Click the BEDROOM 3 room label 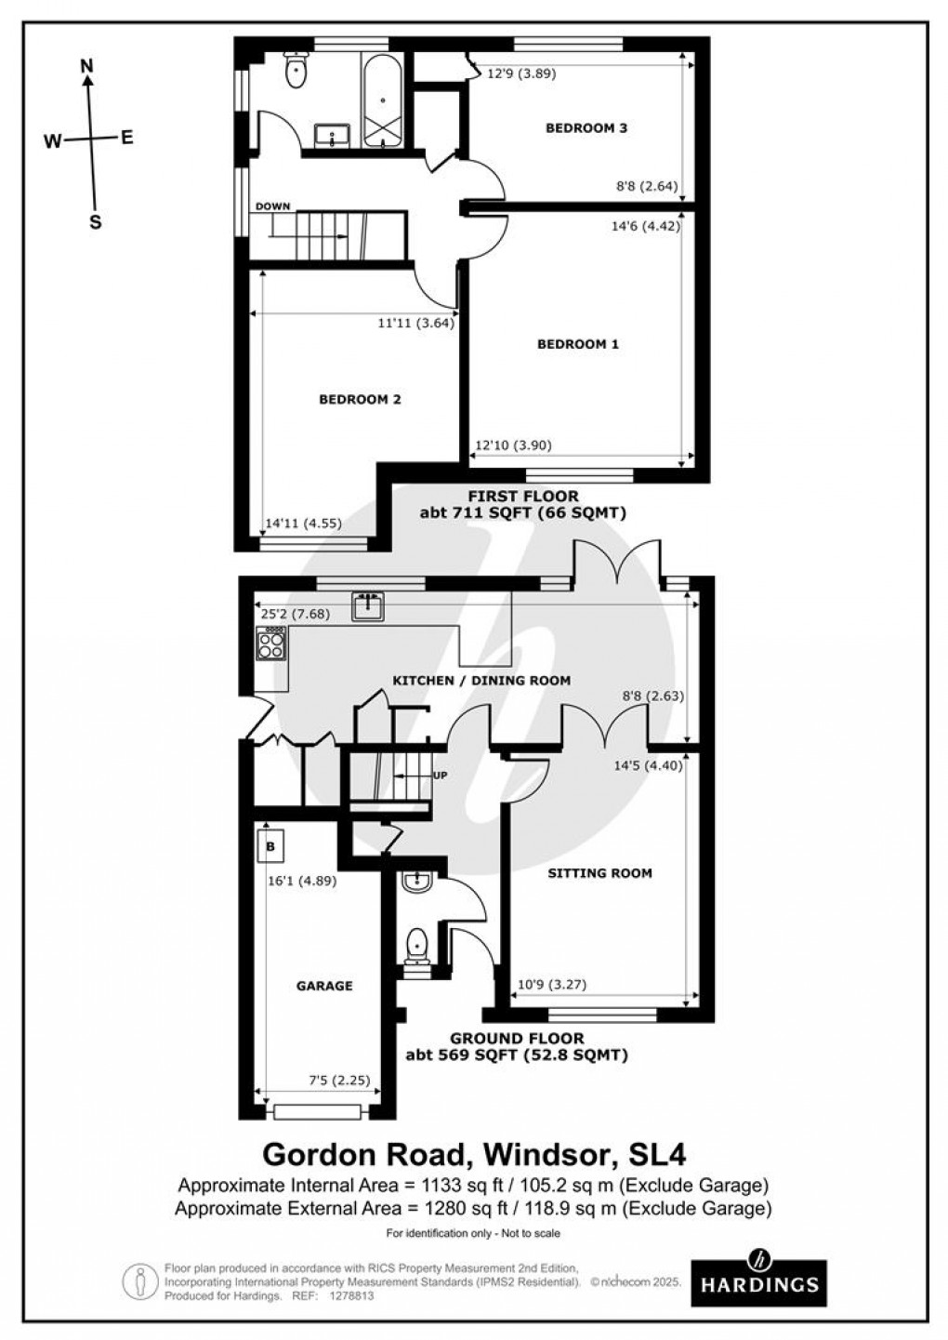[x=586, y=128]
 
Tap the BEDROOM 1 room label [x=578, y=344]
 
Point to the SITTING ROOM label [x=599, y=873]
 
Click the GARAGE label [x=324, y=986]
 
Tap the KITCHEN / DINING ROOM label [x=481, y=681]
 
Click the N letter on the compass [x=87, y=65]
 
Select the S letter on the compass [x=94, y=222]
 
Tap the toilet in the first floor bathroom [x=296, y=71]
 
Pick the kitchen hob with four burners [x=271, y=643]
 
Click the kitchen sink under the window [x=369, y=606]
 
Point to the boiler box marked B [x=270, y=847]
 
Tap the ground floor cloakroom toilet [x=415, y=946]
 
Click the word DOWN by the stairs [x=272, y=206]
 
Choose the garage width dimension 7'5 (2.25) [x=339, y=1081]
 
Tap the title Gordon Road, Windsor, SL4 [x=474, y=1154]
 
